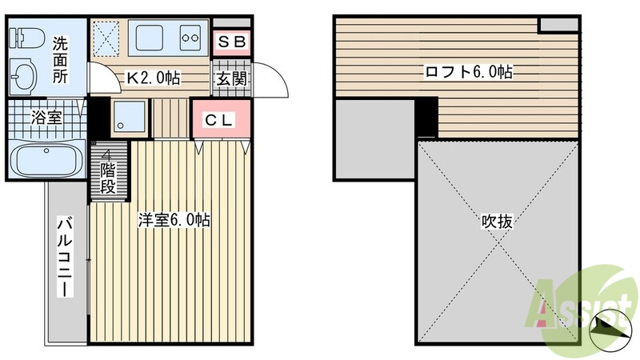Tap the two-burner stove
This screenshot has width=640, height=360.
click(191, 37)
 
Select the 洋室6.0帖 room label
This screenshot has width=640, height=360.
click(174, 221)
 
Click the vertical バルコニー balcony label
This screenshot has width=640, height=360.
click(64, 256)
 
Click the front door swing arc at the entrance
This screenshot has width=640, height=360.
click(272, 80)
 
